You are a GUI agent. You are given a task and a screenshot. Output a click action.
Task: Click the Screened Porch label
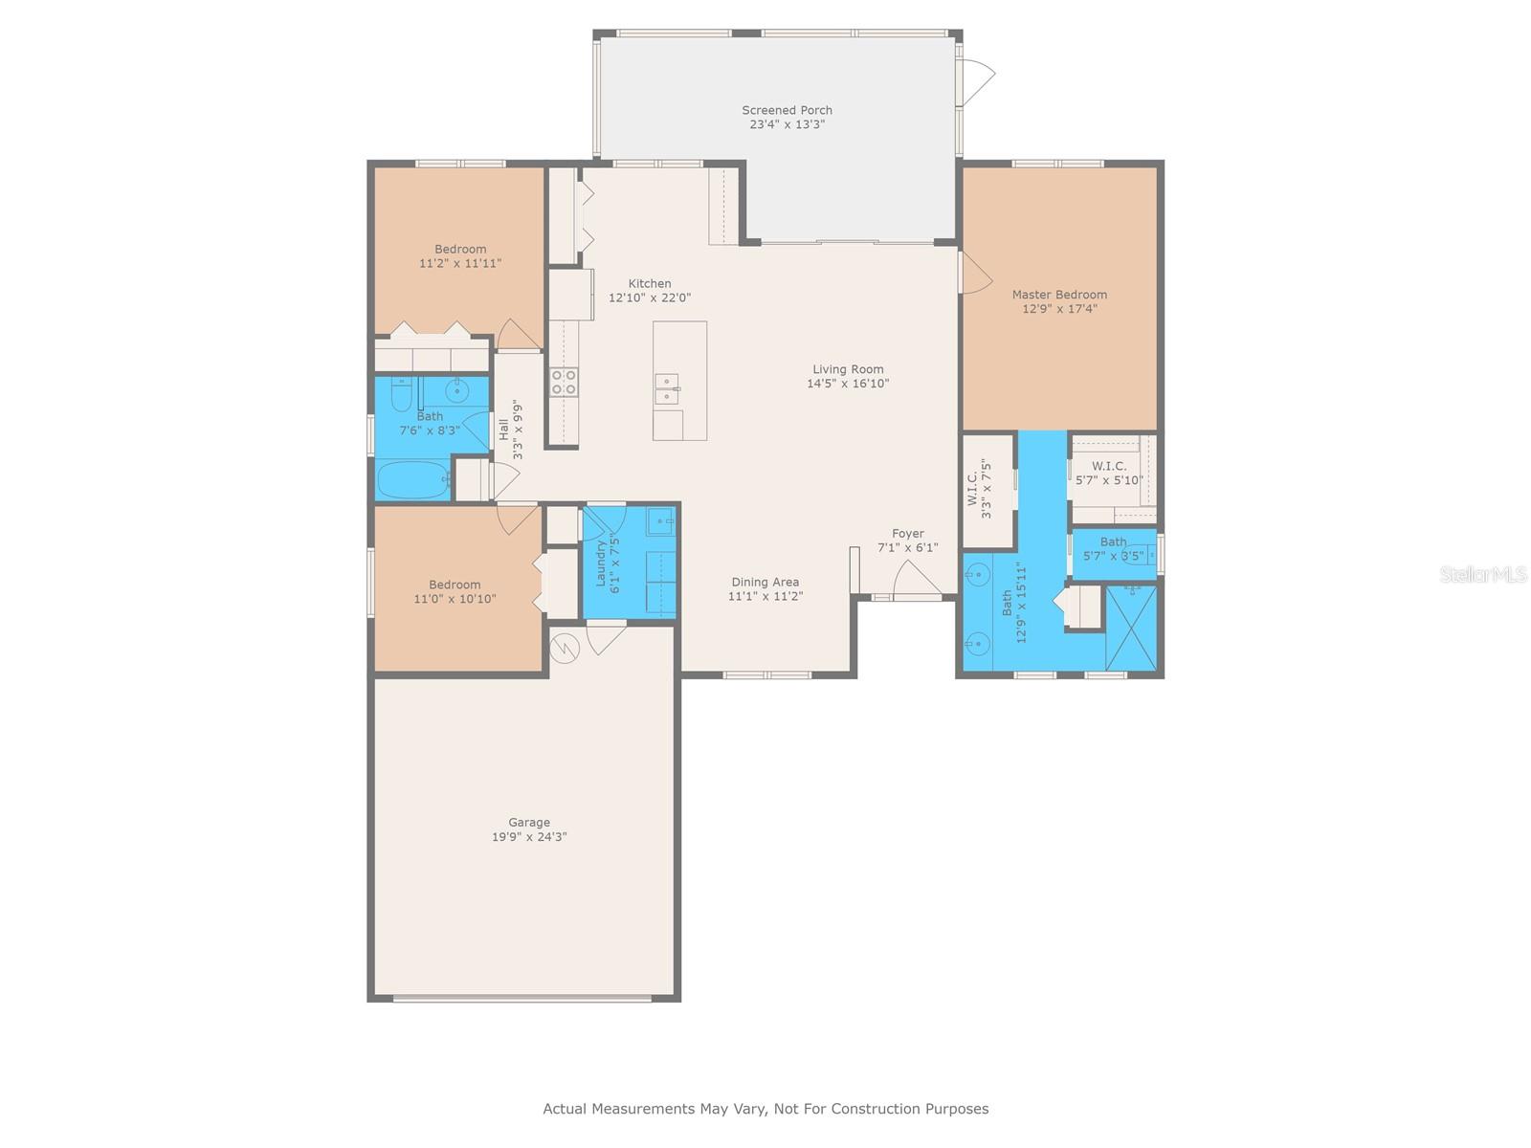[x=787, y=110]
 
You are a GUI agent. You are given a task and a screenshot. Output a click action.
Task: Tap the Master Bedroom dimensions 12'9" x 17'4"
[x=1059, y=309]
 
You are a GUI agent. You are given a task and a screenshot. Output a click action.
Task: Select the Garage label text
[x=529, y=823]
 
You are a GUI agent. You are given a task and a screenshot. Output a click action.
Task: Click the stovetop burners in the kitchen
[x=564, y=382]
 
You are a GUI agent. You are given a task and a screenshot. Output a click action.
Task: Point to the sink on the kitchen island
[x=667, y=388]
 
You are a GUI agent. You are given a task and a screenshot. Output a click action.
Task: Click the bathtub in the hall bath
[x=413, y=479]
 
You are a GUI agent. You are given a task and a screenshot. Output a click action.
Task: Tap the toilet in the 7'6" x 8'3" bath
[x=401, y=394]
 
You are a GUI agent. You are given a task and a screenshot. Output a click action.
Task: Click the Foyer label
[x=907, y=533]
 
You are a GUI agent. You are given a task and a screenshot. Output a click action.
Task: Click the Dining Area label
[x=765, y=582]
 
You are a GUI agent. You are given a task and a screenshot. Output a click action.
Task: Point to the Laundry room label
[x=600, y=563]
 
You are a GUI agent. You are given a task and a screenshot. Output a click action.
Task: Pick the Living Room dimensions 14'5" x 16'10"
[x=848, y=384]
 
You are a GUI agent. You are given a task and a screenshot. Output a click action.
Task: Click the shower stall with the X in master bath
[x=1131, y=628]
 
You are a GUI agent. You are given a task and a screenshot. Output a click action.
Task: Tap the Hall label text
[x=503, y=430]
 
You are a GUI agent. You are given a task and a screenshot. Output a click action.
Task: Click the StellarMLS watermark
[x=1483, y=574]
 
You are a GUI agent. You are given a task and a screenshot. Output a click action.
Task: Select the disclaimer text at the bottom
[x=765, y=1108]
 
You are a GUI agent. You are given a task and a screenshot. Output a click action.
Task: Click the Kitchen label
[x=650, y=284]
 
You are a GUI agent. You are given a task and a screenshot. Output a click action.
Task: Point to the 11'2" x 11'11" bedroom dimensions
[x=460, y=263]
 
